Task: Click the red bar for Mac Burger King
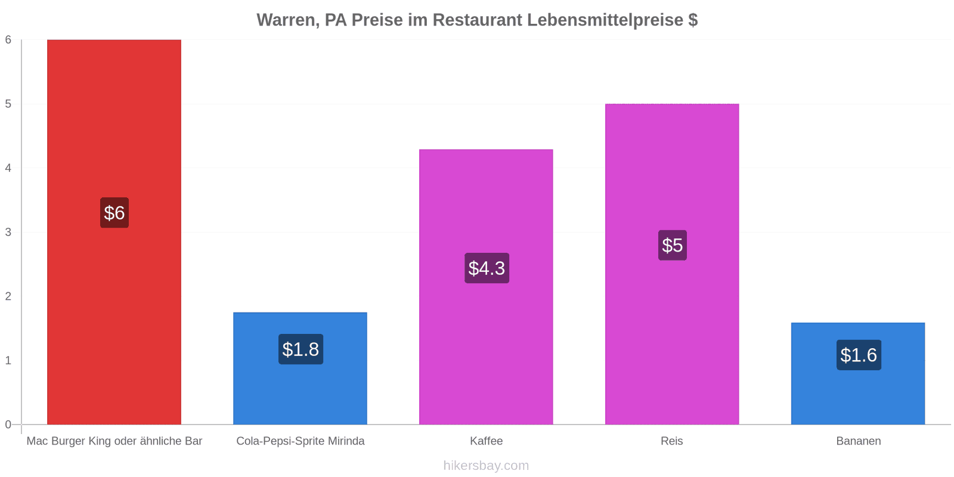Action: coord(114,232)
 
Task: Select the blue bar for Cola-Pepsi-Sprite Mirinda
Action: coord(301,368)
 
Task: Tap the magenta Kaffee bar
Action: coord(486,287)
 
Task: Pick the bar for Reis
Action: coord(672,264)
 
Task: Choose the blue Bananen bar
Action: coord(858,373)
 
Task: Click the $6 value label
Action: coord(114,212)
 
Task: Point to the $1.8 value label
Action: coord(301,349)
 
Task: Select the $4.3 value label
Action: coord(487,268)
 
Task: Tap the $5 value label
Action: coord(673,245)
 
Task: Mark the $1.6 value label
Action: coord(859,355)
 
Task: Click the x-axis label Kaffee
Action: coord(487,441)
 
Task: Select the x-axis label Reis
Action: coord(672,441)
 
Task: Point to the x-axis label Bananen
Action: coord(859,441)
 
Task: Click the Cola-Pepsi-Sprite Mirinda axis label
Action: coord(301,441)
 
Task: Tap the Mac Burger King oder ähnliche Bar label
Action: coord(114,441)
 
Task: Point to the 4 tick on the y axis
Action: coord(8,168)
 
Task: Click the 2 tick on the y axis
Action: coord(8,296)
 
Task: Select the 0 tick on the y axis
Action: coord(8,424)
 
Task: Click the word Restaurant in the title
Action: coord(477,20)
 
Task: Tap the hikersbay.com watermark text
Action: coord(486,465)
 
